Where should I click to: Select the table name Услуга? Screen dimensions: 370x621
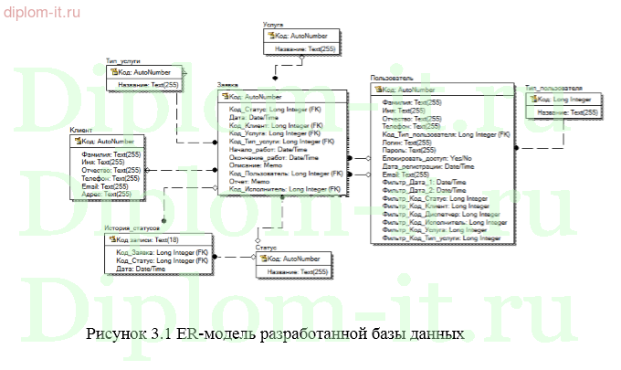273,27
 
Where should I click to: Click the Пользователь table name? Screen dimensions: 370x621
394,79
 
